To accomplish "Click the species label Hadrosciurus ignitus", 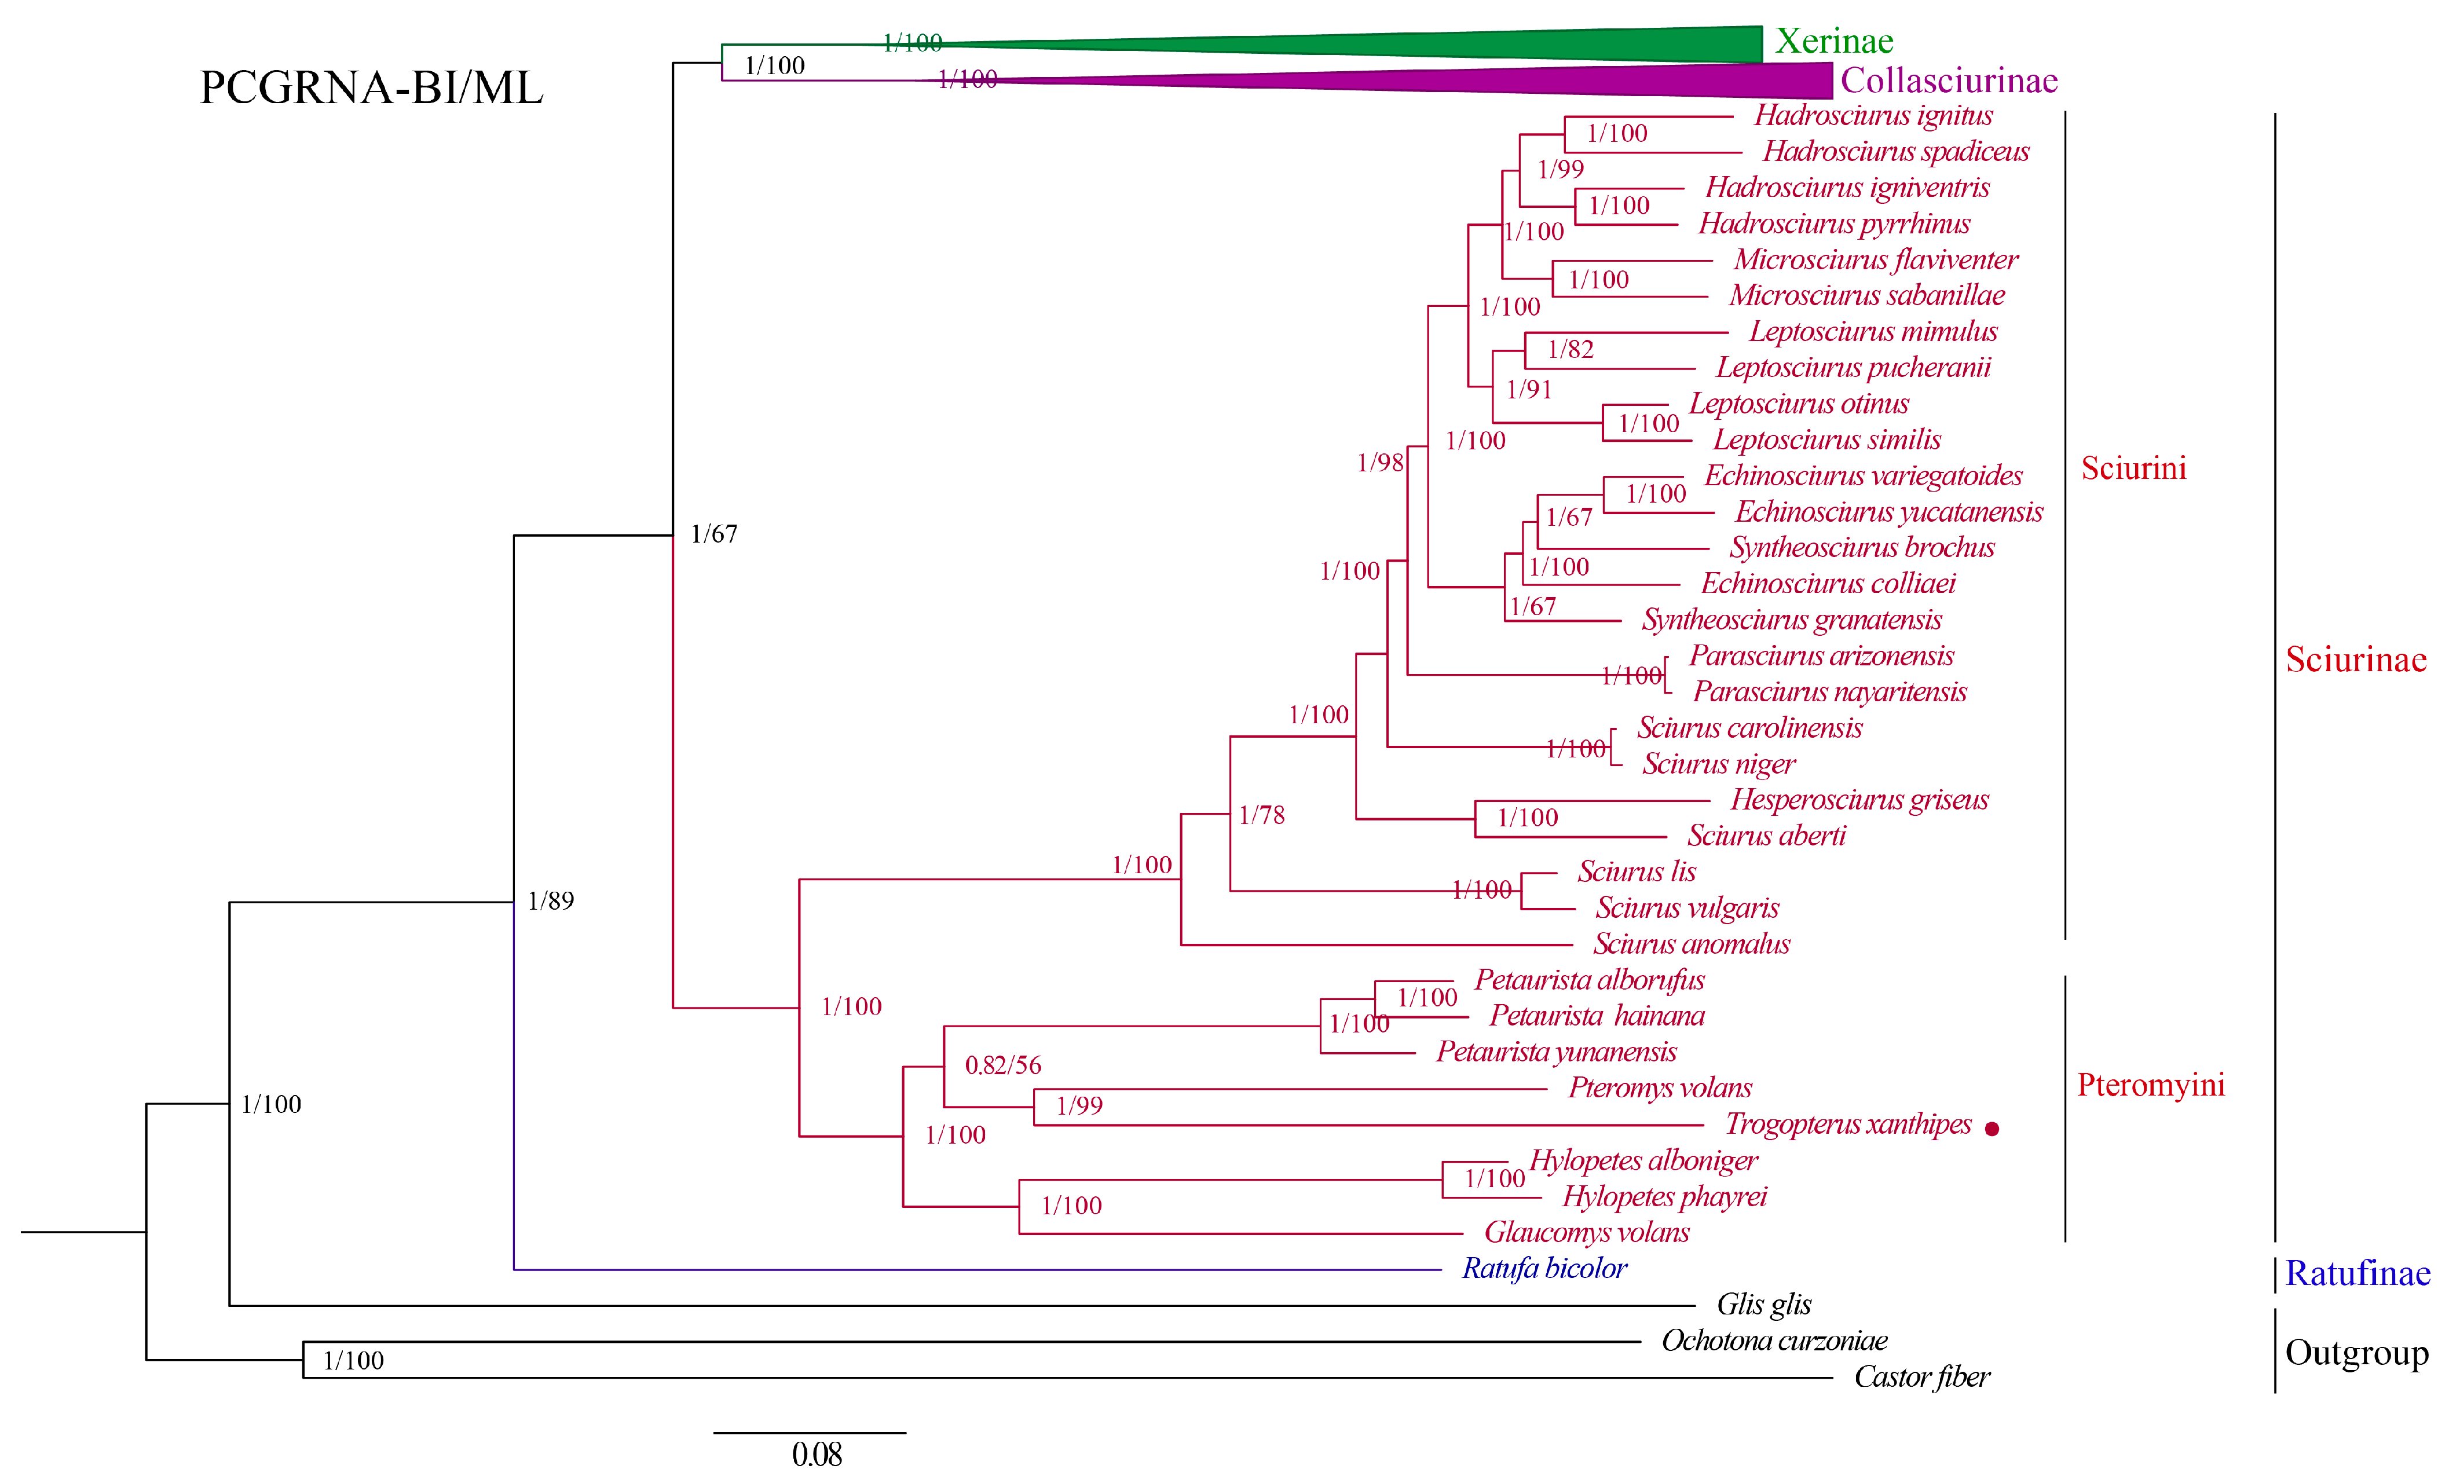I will (1873, 115).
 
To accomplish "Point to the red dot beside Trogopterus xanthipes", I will (1991, 1128).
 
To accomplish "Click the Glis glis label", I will (1763, 1304).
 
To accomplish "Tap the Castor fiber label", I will (1921, 1376).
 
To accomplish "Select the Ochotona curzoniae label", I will (1774, 1341).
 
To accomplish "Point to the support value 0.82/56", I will (1003, 1065).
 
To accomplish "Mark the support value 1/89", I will (551, 900).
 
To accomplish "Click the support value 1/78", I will (1261, 815).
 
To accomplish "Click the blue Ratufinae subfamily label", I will (2356, 1273).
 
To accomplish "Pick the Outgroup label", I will (2356, 1353).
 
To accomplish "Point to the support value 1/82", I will (1571, 349).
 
